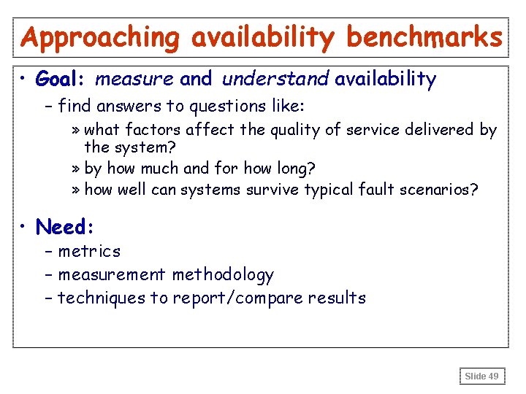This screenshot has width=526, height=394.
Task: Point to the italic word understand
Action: [276, 79]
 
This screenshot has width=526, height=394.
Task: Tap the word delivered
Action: [434, 130]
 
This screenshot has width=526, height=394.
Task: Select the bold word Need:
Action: [65, 228]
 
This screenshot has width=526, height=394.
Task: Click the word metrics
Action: [89, 252]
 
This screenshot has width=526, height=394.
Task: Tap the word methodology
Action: [223, 275]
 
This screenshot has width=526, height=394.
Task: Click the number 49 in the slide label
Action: [494, 376]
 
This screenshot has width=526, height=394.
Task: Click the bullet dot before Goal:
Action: [24, 79]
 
